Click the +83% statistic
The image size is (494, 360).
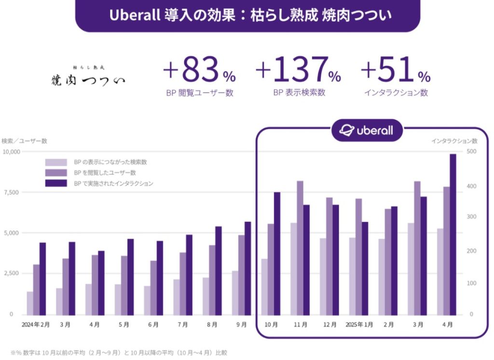pyautogui.click(x=199, y=71)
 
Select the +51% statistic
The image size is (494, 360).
pyautogui.click(x=396, y=71)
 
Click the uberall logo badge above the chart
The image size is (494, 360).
pyautogui.click(x=367, y=130)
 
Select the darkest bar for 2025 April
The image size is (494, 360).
pyautogui.click(x=453, y=234)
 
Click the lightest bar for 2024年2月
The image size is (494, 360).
pyautogui.click(x=30, y=303)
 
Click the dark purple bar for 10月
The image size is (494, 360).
pyautogui.click(x=277, y=253)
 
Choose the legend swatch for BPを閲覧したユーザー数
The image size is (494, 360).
pyautogui.click(x=56, y=173)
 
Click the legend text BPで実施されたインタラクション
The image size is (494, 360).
pyautogui.click(x=113, y=183)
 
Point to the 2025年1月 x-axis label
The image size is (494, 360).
pyautogui.click(x=359, y=325)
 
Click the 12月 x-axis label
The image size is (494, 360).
pyautogui.click(x=330, y=325)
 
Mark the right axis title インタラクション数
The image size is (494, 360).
pyautogui.click(x=454, y=141)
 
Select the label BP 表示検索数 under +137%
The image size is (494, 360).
pyautogui.click(x=299, y=93)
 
